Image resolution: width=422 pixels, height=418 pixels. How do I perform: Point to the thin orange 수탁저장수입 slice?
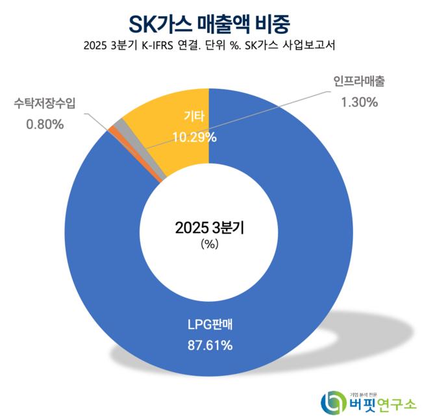tap(112, 131)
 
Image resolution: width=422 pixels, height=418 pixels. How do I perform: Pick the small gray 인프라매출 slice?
tap(119, 124)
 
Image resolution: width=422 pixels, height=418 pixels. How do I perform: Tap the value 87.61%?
tap(209, 345)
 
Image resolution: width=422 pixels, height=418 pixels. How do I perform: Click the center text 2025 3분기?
tap(209, 228)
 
